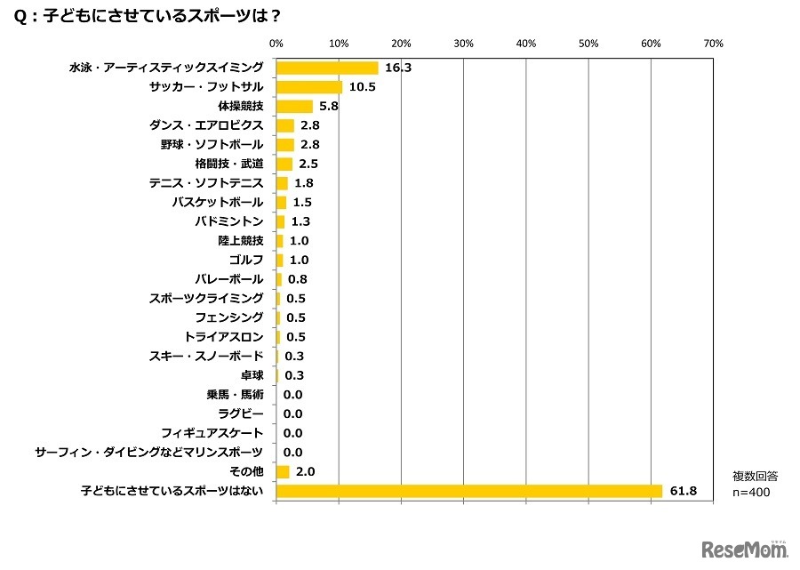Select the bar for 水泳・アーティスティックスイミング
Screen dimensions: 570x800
(x=327, y=68)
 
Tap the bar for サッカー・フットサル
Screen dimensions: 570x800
(x=309, y=87)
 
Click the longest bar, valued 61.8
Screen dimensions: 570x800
(x=469, y=491)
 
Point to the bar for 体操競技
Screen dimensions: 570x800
(x=294, y=107)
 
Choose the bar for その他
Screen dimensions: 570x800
(x=283, y=472)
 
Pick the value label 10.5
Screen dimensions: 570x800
(x=361, y=87)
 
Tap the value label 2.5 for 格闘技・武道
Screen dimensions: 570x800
(x=309, y=165)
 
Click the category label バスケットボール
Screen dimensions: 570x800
(x=218, y=202)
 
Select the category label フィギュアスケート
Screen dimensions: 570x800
(x=212, y=433)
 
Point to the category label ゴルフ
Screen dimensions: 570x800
(x=246, y=260)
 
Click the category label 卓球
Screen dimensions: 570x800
(x=252, y=375)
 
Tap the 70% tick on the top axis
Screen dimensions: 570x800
(x=713, y=43)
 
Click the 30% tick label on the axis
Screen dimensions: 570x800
(x=463, y=43)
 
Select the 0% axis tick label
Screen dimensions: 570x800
(x=276, y=43)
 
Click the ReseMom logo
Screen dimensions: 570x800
(x=745, y=550)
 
